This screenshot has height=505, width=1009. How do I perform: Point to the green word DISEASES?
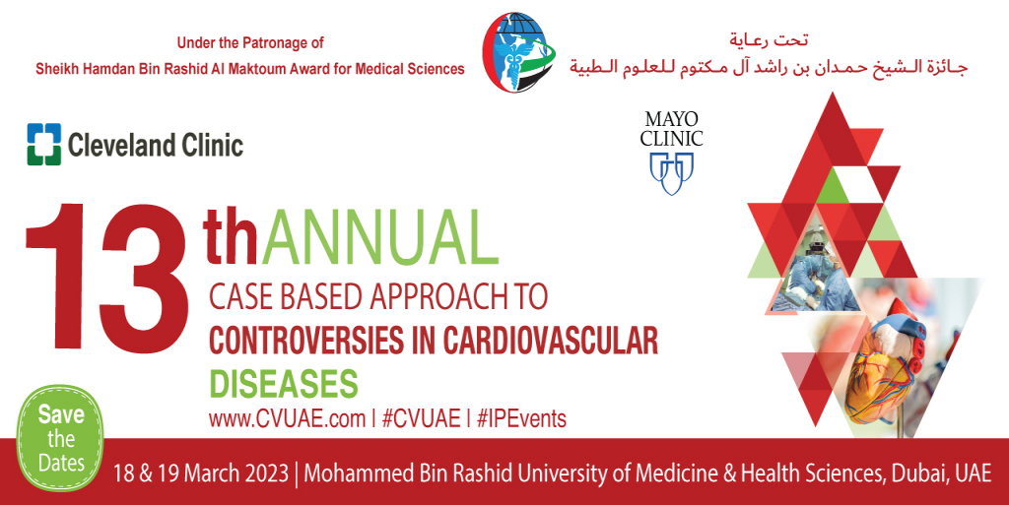coord(283,382)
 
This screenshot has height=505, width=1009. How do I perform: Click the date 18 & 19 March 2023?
coord(201,472)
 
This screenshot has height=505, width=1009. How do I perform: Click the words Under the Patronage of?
coord(250,43)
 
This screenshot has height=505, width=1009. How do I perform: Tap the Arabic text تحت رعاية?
coord(769,40)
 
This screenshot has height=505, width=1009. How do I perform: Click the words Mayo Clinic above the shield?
coord(671,129)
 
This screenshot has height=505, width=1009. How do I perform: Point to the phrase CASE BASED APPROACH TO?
coord(377,294)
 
